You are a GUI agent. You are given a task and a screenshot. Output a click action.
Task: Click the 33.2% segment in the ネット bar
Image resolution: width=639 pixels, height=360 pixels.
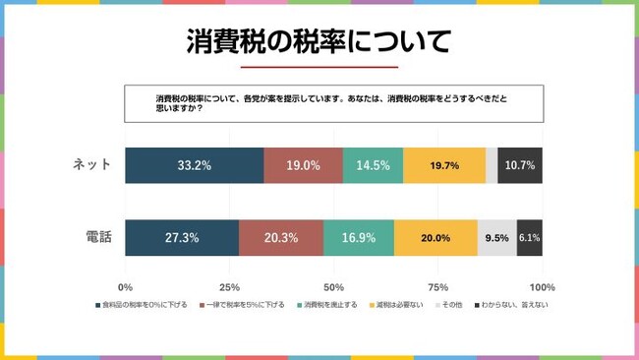coord(195,165)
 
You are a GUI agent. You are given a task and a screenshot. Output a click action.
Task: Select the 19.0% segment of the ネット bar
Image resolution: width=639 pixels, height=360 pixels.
coord(303,165)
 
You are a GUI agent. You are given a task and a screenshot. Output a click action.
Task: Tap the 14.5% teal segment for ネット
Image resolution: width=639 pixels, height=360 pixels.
coord(373,165)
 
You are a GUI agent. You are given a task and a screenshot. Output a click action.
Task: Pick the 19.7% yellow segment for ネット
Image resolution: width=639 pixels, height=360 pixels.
coord(444,165)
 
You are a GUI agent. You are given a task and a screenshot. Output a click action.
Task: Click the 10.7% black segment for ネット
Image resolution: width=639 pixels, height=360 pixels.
coord(520,165)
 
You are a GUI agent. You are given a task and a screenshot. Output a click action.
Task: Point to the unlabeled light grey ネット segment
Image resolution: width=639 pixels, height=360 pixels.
coord(492,165)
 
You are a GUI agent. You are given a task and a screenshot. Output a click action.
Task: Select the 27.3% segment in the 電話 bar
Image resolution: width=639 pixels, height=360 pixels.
coord(182,237)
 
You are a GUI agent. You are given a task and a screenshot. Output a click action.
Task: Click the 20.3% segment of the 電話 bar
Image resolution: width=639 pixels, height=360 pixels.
coord(281,237)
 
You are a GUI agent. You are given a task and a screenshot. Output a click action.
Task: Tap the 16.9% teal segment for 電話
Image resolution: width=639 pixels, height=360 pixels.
coord(359,237)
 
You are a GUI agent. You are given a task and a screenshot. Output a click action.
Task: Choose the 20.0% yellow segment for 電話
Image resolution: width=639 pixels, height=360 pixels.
coord(436,237)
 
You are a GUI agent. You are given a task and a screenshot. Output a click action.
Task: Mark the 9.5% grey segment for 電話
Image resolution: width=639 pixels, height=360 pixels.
coord(496,237)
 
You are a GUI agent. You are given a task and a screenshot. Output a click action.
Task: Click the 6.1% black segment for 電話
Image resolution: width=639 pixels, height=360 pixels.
coord(529,237)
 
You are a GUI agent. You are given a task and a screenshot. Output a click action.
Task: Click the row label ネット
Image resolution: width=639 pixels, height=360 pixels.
coord(92,165)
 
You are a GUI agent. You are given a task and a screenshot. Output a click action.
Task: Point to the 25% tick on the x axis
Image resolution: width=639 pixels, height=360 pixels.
coord(229,287)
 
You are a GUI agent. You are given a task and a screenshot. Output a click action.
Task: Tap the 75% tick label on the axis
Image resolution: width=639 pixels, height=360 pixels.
coord(437,287)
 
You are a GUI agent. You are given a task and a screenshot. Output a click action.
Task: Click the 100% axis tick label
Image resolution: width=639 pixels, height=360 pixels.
coord(542,287)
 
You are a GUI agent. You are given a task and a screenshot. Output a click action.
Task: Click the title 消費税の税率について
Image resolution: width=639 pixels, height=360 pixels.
coord(319,41)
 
